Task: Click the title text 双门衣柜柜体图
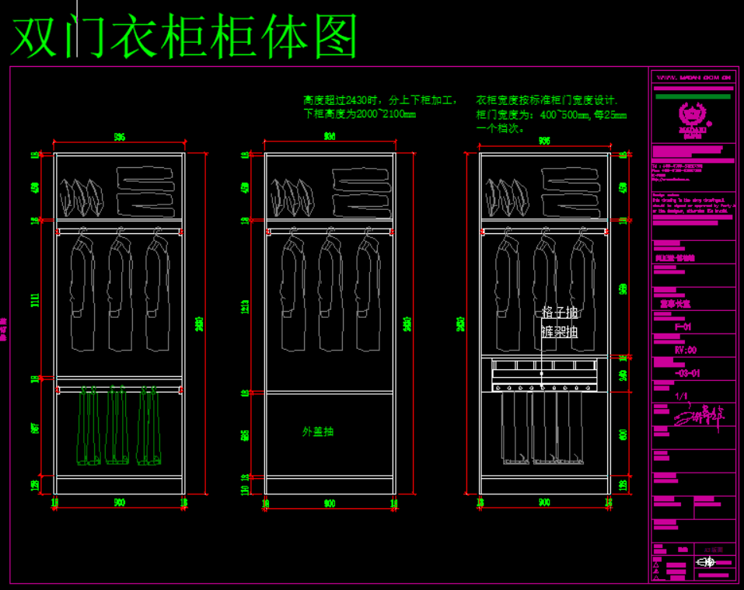[x=185, y=37]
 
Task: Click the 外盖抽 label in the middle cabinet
[x=318, y=431]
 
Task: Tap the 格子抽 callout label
[x=560, y=312]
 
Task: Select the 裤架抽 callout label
[x=560, y=332]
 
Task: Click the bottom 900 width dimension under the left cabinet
[x=119, y=503]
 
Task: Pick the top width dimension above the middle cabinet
[x=330, y=136]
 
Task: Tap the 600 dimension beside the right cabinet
[x=623, y=434]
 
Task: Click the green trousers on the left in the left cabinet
[x=90, y=426]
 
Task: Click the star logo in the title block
[x=694, y=114]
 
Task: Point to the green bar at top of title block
[x=693, y=97]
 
